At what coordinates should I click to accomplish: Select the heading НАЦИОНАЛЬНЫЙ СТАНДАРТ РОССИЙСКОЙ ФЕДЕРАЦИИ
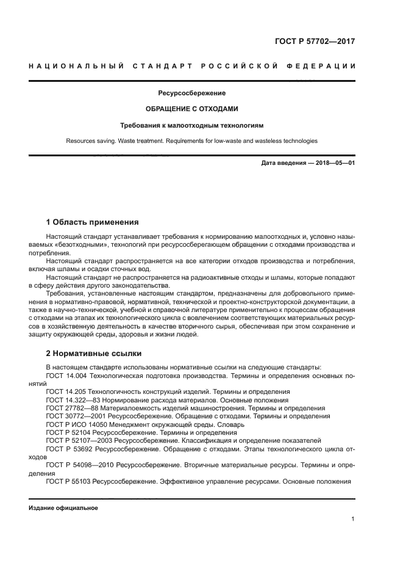point(192,66)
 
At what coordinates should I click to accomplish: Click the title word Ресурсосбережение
point(192,93)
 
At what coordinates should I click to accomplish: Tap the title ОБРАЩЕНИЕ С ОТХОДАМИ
point(192,109)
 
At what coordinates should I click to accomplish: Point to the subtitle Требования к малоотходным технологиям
point(192,125)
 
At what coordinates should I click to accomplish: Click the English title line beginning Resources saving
point(192,141)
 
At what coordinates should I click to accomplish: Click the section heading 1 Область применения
point(93,222)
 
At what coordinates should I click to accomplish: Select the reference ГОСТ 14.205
point(66,391)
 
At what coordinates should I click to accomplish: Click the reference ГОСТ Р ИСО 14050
point(78,424)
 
